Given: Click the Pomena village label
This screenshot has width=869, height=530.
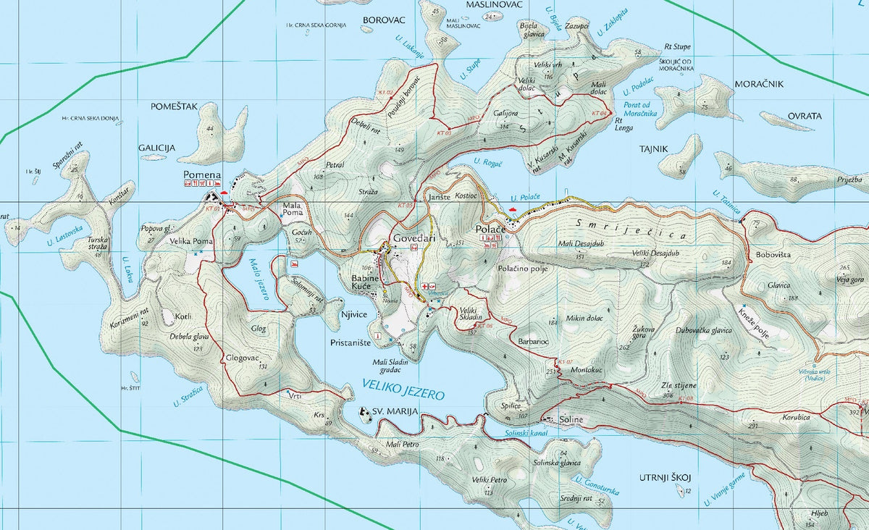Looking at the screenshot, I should pyautogui.click(x=201, y=175).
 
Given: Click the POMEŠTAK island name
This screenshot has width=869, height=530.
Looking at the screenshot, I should pyautogui.click(x=174, y=106).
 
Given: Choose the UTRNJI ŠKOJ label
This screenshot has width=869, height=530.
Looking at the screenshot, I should pyautogui.click(x=666, y=478).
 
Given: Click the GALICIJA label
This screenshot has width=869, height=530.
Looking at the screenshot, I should pyautogui.click(x=156, y=148).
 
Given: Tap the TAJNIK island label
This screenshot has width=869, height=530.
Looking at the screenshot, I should pyautogui.click(x=653, y=148).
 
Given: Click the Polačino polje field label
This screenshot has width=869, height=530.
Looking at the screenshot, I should pyautogui.click(x=523, y=269).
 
